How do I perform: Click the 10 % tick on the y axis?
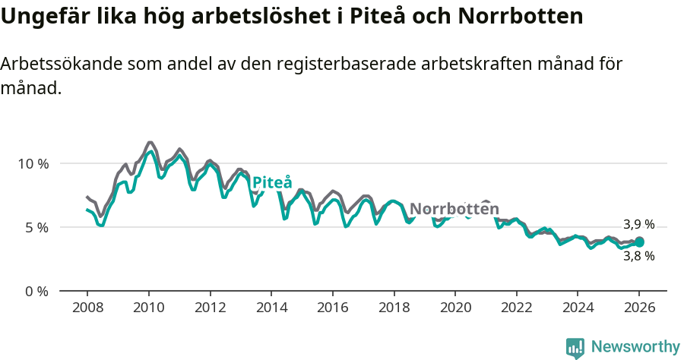click(x=33, y=163)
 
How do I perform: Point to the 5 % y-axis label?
click(x=36, y=227)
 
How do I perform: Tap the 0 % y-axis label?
click(x=36, y=291)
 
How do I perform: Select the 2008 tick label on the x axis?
click(x=87, y=308)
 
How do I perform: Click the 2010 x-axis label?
click(x=148, y=308)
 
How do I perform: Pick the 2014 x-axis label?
click(x=271, y=308)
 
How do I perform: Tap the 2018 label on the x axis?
click(x=394, y=308)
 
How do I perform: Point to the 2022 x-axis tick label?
click(x=516, y=308)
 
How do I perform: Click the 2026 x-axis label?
click(x=638, y=308)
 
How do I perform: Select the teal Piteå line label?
click(x=271, y=183)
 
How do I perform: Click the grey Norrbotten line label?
click(x=454, y=209)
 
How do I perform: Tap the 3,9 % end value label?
click(x=638, y=225)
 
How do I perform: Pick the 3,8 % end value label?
click(x=638, y=257)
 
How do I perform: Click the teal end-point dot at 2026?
click(x=639, y=242)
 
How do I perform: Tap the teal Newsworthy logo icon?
click(x=575, y=348)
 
